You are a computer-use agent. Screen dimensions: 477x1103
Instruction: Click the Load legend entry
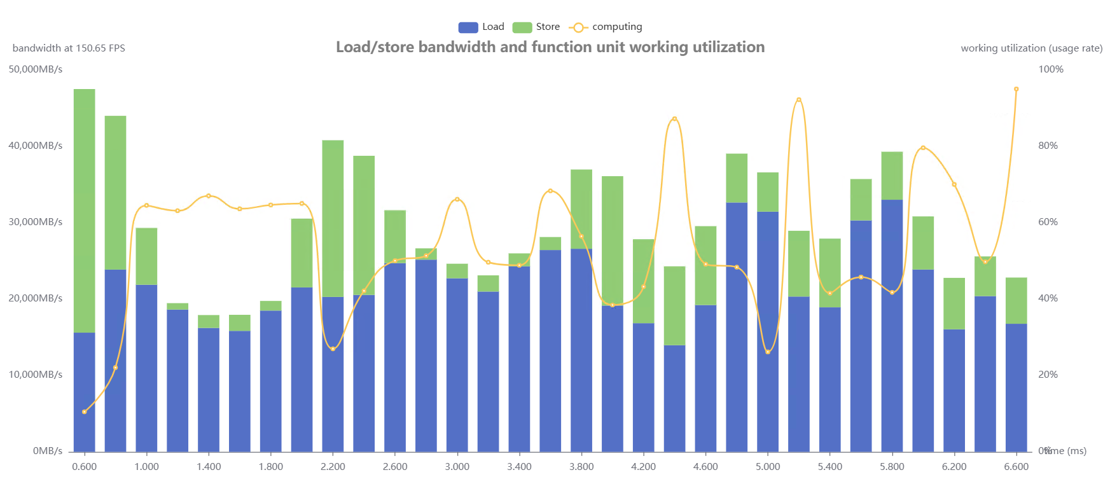[481, 27]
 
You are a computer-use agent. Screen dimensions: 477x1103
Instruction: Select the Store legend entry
[536, 27]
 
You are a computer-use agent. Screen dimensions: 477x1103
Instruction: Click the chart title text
[550, 47]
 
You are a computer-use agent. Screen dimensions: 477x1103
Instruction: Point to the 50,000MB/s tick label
[36, 69]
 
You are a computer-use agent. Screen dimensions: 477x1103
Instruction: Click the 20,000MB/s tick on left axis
[36, 298]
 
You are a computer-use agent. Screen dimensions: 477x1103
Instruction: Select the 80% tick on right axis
[1048, 146]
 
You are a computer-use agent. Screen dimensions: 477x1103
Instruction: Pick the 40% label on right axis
[1048, 298]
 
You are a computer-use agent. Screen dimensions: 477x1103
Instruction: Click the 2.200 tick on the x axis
[333, 467]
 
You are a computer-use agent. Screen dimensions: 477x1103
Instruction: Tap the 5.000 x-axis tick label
[768, 467]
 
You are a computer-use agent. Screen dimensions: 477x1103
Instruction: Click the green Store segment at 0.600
[85, 210]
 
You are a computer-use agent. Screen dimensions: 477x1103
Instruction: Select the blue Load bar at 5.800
[892, 324]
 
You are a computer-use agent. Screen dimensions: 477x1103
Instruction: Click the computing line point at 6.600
[1016, 90]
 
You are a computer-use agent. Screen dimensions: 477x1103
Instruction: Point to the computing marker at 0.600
[85, 412]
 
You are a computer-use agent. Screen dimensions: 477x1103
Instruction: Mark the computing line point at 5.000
[768, 352]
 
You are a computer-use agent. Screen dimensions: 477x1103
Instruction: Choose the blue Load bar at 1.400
[209, 389]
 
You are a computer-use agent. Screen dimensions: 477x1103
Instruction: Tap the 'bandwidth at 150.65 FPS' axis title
[69, 48]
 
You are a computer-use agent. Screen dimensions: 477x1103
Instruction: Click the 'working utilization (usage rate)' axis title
[1031, 48]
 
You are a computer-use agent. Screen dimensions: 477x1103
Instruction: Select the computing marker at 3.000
[457, 200]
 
